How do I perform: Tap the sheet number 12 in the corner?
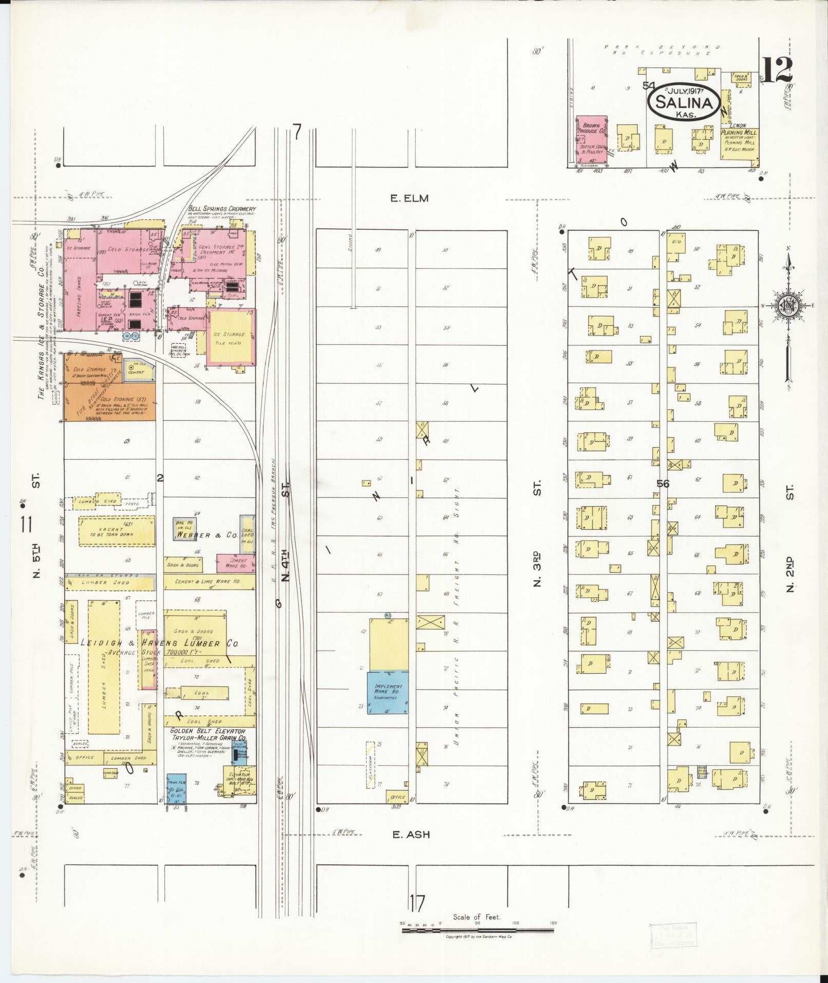[x=777, y=70]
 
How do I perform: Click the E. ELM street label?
[x=409, y=198]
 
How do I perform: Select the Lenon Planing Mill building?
[x=740, y=143]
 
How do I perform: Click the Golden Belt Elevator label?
[x=208, y=731]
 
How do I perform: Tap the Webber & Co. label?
[x=206, y=535]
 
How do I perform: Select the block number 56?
[x=663, y=484]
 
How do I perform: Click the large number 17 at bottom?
[x=417, y=902]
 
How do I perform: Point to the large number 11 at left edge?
[x=26, y=526]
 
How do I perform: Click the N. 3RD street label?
[x=537, y=569]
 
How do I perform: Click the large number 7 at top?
[x=296, y=132]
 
